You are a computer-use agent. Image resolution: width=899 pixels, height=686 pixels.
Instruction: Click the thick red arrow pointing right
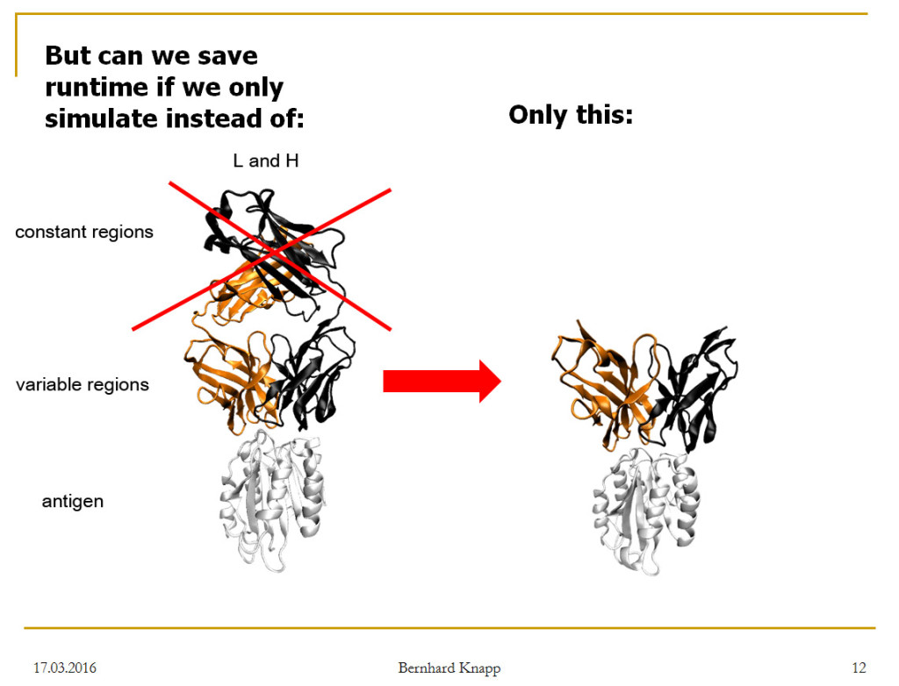442,381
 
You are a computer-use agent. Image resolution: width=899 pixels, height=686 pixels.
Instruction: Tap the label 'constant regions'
84,232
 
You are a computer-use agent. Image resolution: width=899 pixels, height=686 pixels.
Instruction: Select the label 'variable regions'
82,384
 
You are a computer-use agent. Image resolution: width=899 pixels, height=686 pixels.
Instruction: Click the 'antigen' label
73,502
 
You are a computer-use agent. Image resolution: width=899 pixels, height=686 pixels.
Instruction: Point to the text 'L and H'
266,161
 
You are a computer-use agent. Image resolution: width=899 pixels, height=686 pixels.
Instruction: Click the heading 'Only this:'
571,115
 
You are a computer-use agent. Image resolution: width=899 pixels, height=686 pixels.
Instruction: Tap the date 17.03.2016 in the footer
65,668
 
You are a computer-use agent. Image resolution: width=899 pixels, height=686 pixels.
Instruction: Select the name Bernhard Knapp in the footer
449,668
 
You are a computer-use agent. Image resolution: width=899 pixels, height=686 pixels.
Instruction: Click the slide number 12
859,668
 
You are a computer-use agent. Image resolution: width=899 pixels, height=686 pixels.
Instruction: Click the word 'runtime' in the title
97,87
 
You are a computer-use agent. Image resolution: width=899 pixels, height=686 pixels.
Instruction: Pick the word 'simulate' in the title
102,118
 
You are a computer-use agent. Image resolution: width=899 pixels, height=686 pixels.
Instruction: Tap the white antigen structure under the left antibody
272,502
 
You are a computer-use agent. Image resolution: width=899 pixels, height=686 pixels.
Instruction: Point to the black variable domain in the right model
691,389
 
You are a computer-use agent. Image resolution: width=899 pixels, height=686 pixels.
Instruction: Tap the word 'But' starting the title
68,56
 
